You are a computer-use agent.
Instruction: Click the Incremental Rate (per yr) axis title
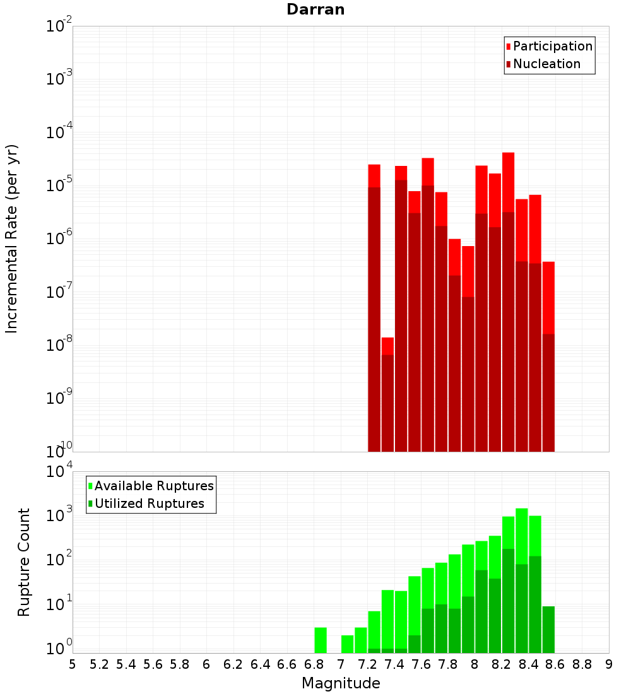point(11,238)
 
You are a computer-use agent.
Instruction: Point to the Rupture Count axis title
point(24,562)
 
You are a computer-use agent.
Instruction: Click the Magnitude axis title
point(341,683)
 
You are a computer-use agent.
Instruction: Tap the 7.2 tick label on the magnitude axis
point(367,664)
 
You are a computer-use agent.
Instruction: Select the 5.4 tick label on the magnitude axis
point(126,664)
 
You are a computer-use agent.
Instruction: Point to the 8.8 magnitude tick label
point(582,664)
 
